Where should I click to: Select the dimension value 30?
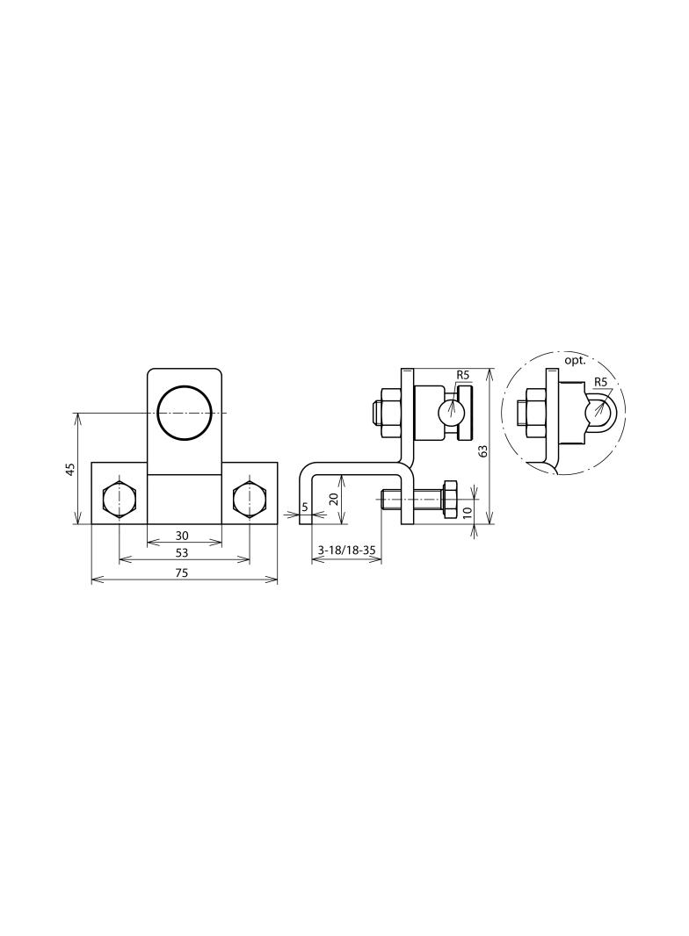tap(182, 536)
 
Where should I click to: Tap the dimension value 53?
tap(182, 553)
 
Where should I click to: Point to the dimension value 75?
tap(182, 572)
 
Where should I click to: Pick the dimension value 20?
tap(334, 498)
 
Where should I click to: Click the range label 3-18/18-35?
tap(347, 551)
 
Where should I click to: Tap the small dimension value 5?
tap(305, 507)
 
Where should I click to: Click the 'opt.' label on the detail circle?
tap(576, 361)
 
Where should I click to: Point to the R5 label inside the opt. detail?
tap(601, 382)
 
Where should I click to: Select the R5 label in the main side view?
tap(463, 375)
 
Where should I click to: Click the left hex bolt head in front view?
tap(120, 500)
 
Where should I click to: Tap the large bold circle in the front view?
tap(184, 412)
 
